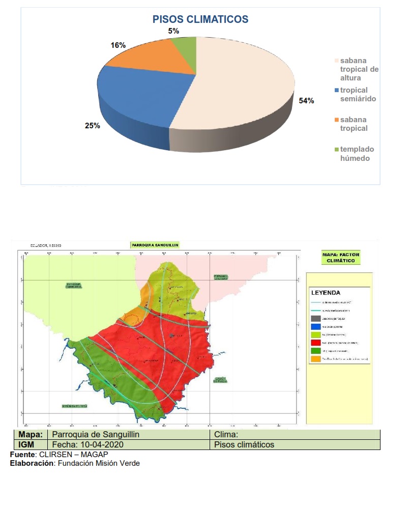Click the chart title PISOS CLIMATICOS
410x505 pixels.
click(x=200, y=20)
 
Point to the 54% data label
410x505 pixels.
click(x=306, y=101)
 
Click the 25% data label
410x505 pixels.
click(x=93, y=126)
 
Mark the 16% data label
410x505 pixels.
click(x=118, y=45)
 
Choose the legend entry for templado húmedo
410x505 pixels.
click(x=357, y=154)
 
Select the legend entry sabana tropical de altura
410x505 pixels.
click(x=359, y=69)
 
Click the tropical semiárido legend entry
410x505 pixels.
click(x=358, y=95)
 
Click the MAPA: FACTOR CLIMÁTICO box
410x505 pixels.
click(x=341, y=258)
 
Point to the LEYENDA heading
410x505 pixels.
click(x=326, y=293)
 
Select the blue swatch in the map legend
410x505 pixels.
click(x=315, y=326)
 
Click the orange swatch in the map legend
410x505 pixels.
click(x=315, y=359)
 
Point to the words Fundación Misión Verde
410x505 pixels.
click(x=99, y=463)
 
